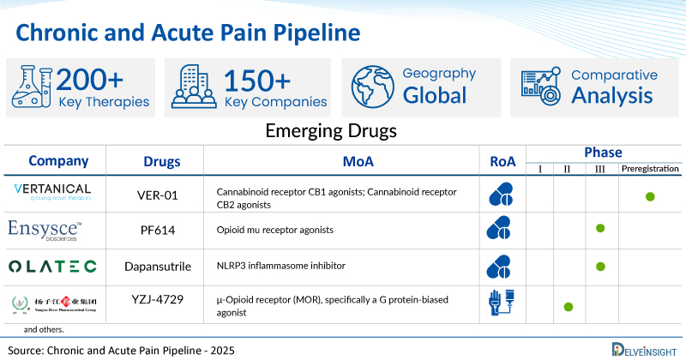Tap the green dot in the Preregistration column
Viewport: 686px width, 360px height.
650,196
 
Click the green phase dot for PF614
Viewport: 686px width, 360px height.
600,229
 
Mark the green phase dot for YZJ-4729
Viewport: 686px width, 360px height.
569,306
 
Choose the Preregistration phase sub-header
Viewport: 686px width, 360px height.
649,169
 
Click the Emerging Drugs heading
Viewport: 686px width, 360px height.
342,132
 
